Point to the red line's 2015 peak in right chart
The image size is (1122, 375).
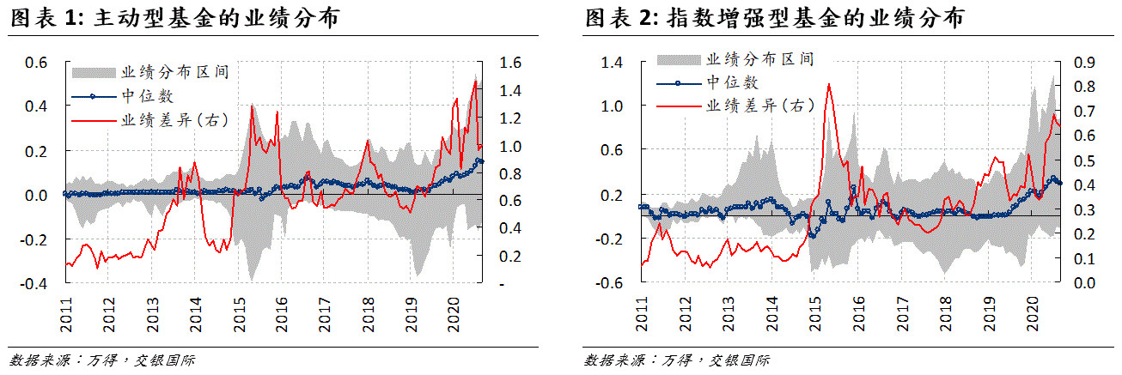tap(828, 84)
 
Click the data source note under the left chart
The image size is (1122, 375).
tap(102, 360)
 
